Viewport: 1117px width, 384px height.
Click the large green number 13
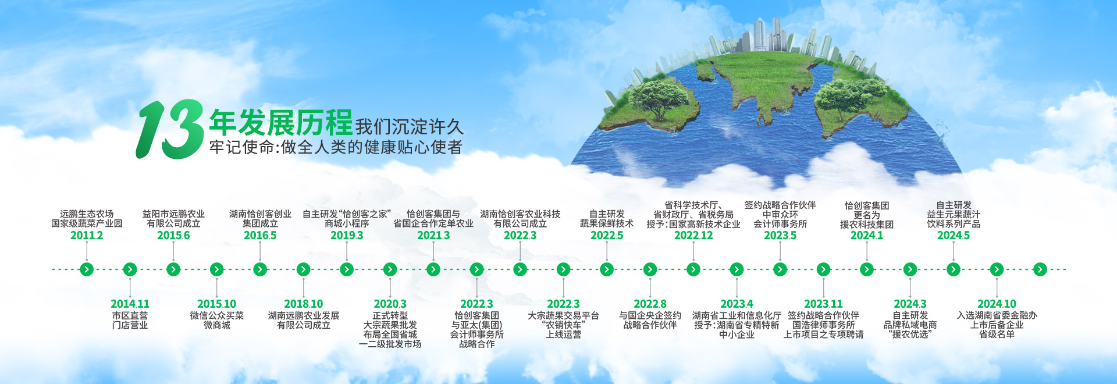click(170, 129)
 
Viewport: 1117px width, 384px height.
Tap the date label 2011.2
click(87, 235)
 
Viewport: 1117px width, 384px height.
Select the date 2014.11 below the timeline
click(130, 304)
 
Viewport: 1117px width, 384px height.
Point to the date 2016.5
click(260, 235)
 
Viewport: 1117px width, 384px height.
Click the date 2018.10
click(303, 304)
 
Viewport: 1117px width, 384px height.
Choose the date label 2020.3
click(390, 304)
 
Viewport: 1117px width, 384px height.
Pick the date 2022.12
click(693, 235)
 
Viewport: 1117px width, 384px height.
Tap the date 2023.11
click(823, 304)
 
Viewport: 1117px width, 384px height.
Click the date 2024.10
click(997, 304)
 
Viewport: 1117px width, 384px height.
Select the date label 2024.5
click(954, 235)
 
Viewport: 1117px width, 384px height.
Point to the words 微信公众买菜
click(216, 315)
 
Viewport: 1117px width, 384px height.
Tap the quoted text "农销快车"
click(563, 325)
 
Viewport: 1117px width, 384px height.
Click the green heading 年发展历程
click(281, 123)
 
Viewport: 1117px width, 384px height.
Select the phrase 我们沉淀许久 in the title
click(410, 126)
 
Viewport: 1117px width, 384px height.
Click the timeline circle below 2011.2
click(87, 269)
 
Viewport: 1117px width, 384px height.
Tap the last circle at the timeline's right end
click(1040, 269)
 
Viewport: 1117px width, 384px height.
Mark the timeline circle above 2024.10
click(997, 269)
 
